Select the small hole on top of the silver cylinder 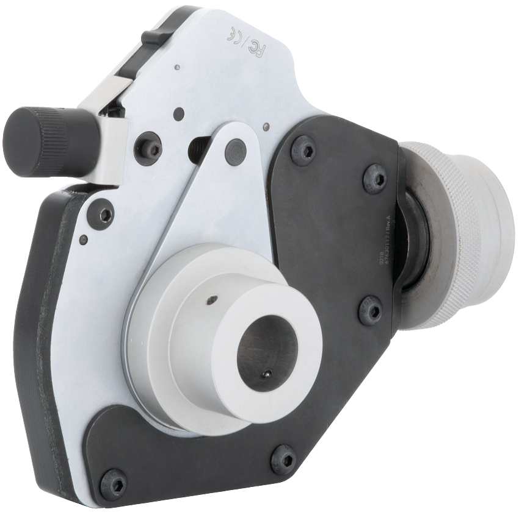click(x=211, y=299)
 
